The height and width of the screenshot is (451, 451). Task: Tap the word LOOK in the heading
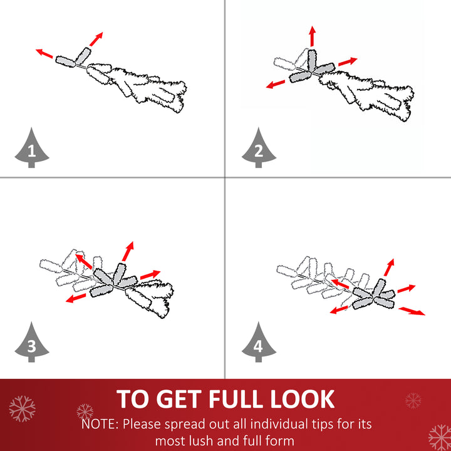click(303, 399)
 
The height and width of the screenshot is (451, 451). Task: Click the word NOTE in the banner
click(100, 424)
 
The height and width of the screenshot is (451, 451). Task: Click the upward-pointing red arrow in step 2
click(313, 36)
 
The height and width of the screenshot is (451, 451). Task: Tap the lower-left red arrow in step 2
click(276, 85)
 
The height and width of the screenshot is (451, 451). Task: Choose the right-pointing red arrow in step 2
click(348, 61)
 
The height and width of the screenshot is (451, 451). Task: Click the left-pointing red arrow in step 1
click(44, 53)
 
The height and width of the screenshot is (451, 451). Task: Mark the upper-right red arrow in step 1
click(96, 39)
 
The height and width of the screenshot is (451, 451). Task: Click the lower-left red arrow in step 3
click(76, 298)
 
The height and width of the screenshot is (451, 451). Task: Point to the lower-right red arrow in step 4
click(412, 311)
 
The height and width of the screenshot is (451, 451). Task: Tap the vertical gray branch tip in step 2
click(312, 60)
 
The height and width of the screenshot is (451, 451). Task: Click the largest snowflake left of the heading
click(22, 408)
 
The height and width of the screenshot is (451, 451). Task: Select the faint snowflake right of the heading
click(413, 400)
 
